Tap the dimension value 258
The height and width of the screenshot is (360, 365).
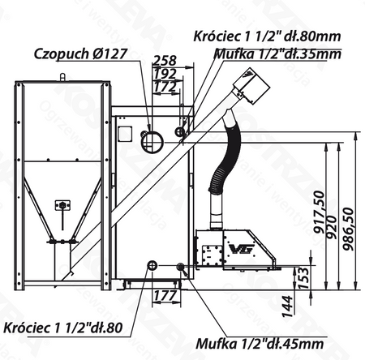(x=165, y=61)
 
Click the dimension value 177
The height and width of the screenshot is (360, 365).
(x=165, y=296)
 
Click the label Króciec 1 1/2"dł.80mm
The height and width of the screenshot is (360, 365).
(x=268, y=36)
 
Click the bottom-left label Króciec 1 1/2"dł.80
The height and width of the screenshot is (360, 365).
(x=63, y=328)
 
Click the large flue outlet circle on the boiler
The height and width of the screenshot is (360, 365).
(x=150, y=140)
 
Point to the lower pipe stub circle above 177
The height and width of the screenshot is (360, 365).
(x=152, y=265)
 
